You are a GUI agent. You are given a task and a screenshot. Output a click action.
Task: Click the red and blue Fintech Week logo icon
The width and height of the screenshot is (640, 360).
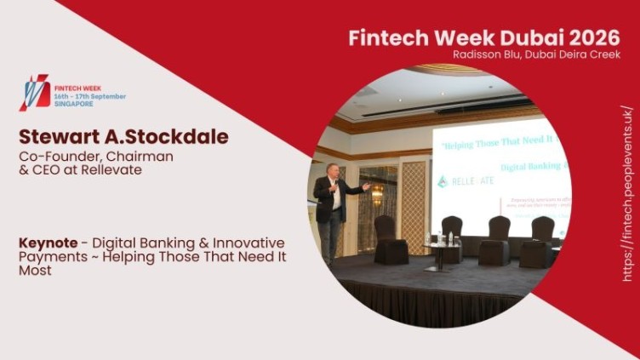coord(34,92)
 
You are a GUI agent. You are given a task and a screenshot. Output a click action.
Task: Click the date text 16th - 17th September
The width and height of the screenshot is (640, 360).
coord(89,96)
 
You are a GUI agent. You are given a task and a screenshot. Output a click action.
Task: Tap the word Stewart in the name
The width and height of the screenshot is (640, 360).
coord(56,137)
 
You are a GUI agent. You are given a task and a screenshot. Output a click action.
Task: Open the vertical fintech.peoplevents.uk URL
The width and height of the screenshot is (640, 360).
coord(628,194)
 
